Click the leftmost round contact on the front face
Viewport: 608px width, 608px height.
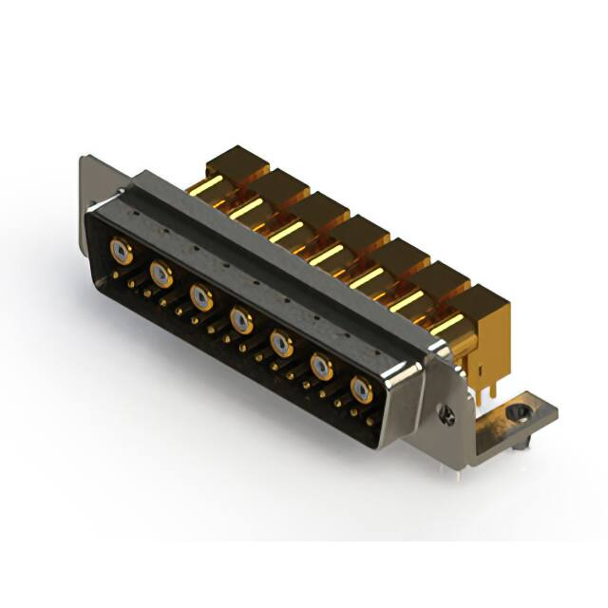tap(120, 251)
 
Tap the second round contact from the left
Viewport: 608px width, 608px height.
tap(161, 275)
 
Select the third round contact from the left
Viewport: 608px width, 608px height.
tap(200, 297)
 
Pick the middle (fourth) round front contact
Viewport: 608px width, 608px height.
tap(240, 319)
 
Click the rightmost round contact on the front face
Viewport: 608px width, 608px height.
tap(361, 388)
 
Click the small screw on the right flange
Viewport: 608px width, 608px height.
tap(447, 414)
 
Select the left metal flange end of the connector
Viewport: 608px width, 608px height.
tap(93, 185)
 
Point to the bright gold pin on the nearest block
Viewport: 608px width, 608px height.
tap(446, 323)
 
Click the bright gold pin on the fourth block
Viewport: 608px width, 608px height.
tap(326, 255)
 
